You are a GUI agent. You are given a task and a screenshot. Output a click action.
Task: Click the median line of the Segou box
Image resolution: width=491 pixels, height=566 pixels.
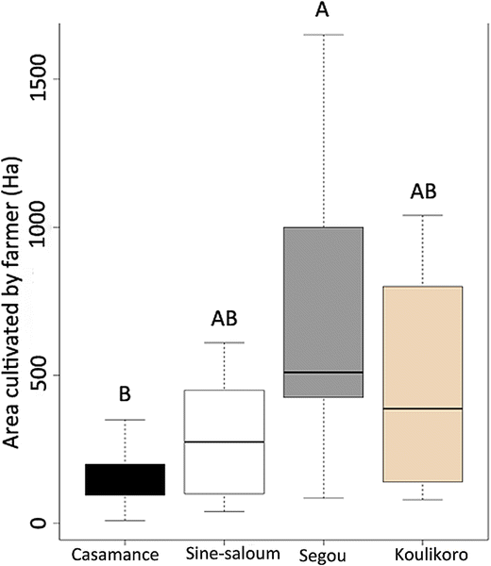click(324, 372)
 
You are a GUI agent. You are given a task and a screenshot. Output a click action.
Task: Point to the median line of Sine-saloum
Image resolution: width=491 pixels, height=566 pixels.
click(224, 441)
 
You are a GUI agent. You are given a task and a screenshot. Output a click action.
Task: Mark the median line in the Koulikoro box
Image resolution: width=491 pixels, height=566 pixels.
click(422, 408)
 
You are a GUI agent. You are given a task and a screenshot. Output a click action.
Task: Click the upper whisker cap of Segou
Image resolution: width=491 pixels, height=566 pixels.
click(324, 35)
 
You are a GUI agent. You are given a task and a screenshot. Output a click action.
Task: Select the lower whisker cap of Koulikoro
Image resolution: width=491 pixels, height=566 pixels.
click(422, 499)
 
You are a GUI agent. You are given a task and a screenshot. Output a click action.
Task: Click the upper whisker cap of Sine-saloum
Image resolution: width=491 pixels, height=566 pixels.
click(224, 342)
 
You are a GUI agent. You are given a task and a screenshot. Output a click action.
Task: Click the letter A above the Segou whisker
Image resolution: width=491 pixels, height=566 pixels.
click(324, 10)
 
